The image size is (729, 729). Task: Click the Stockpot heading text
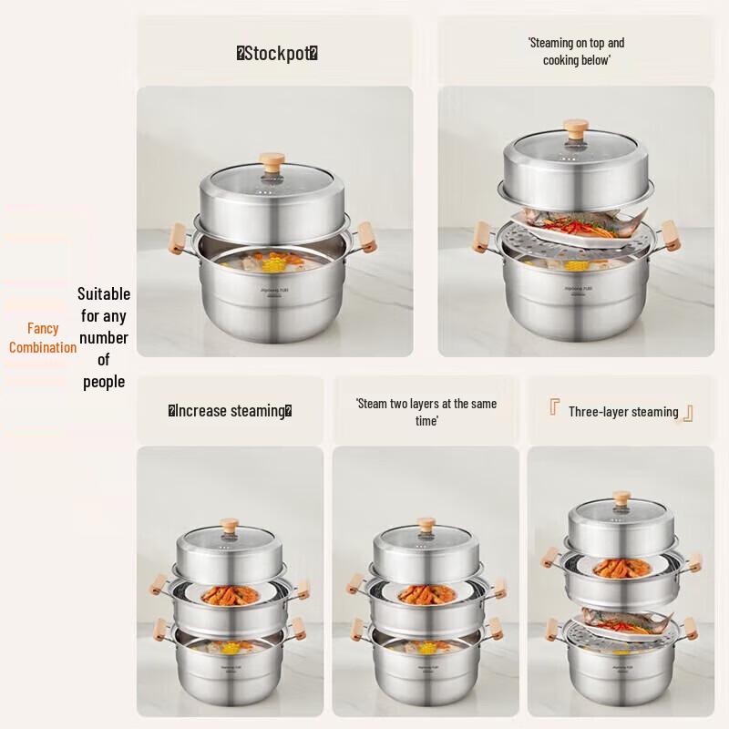point(277,54)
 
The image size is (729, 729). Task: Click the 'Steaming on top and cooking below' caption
point(576,52)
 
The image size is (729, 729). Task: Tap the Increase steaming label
point(230,411)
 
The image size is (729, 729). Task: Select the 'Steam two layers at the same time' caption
point(426,412)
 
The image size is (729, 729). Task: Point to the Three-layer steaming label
point(622,412)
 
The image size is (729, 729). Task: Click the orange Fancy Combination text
point(43,338)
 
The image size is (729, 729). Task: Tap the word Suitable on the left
point(104,294)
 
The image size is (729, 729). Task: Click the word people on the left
point(104,382)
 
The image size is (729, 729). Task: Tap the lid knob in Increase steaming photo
point(229,527)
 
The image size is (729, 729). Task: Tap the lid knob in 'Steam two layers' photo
point(425,526)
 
